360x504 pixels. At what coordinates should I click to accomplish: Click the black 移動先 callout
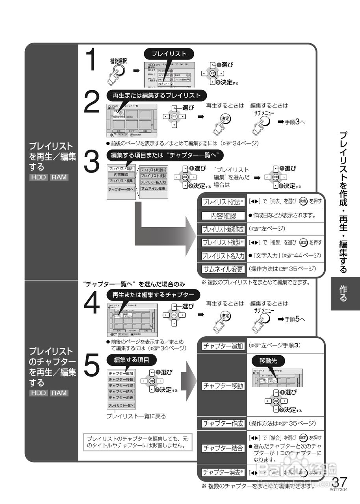268,361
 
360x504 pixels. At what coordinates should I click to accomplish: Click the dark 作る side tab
343,293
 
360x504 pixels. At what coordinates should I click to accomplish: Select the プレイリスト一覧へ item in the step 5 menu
121,406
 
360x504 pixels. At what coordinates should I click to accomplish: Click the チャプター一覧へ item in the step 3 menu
121,189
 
